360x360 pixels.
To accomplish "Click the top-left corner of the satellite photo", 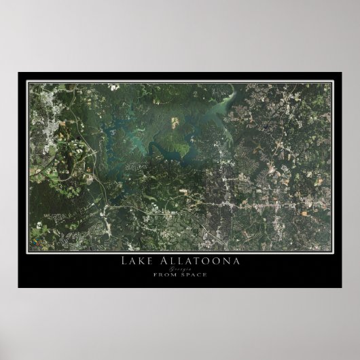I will [x=28, y=82].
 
